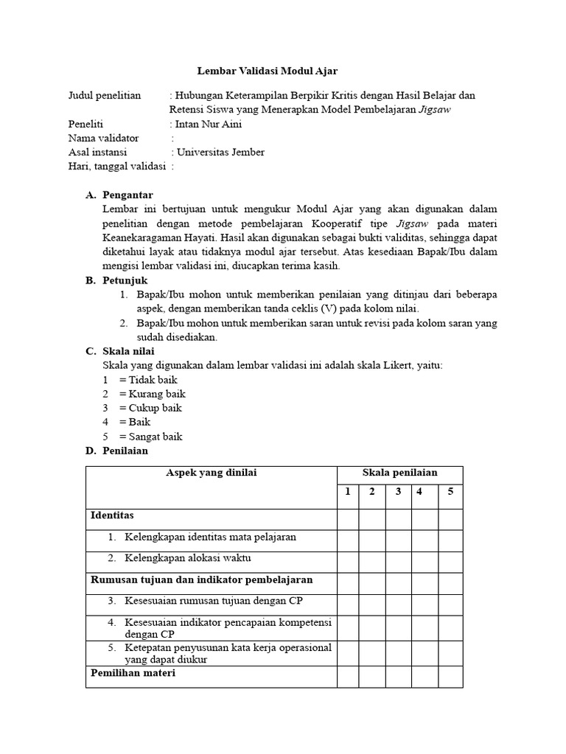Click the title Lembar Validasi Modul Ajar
[x=268, y=71]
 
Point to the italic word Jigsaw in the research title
[x=434, y=110]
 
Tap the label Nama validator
[x=103, y=138]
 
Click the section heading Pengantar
[x=128, y=195]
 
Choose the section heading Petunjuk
[x=125, y=281]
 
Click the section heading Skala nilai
[x=129, y=351]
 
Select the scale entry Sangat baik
[x=156, y=436]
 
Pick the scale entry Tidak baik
[x=153, y=380]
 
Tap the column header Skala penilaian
[x=399, y=473]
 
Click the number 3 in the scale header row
[x=398, y=492]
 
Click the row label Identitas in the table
[x=112, y=515]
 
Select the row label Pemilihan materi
[x=133, y=673]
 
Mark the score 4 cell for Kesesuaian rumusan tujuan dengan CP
[x=424, y=605]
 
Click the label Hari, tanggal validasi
[x=116, y=166]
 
